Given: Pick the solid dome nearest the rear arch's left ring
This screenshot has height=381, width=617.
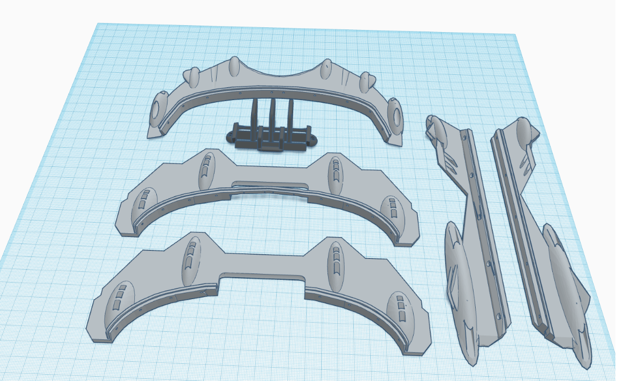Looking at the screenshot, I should click(193, 77).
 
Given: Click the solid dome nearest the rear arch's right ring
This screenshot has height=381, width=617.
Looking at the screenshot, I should click(366, 81).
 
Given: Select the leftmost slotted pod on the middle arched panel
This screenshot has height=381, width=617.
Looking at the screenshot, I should click(141, 200).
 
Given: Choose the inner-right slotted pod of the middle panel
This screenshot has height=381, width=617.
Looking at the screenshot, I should click(334, 175).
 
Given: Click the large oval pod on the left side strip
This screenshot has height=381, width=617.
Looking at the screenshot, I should click(460, 284).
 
